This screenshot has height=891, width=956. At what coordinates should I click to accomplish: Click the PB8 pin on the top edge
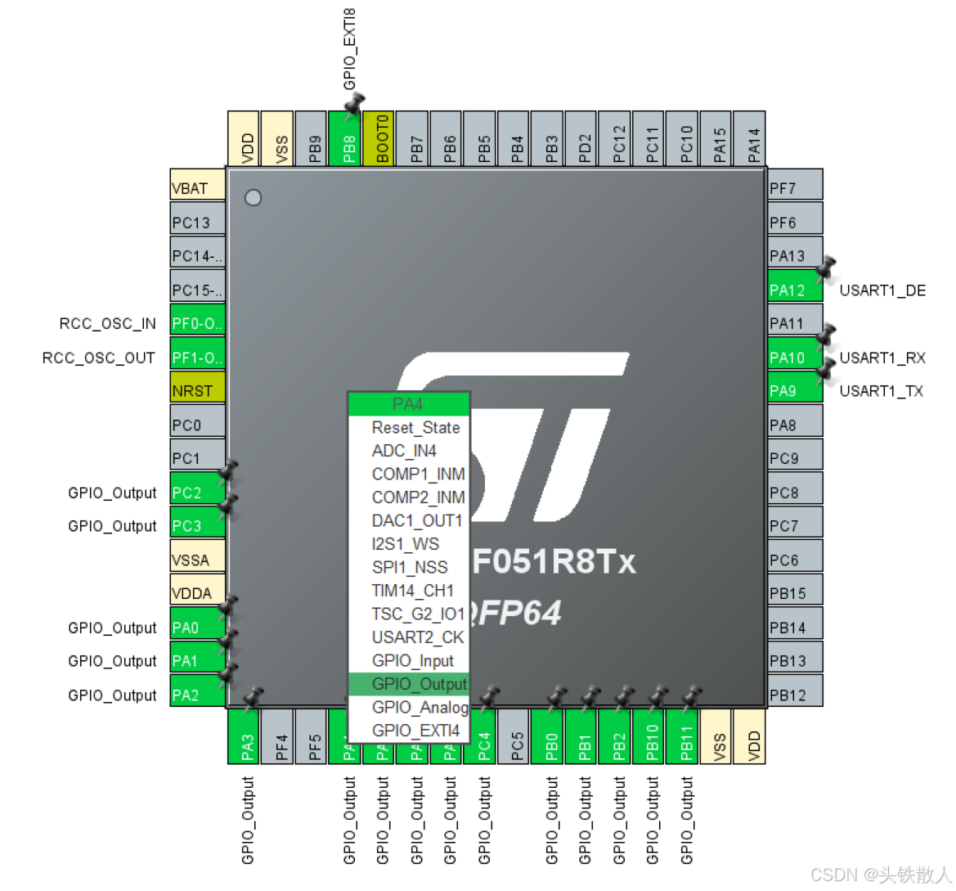(x=344, y=139)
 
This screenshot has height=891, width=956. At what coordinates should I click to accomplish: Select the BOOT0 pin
(x=378, y=139)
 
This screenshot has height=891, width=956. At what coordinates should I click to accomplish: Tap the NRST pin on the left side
(x=197, y=391)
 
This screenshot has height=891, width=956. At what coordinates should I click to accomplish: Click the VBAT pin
(x=197, y=188)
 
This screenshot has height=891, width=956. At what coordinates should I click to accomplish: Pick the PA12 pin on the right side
(x=794, y=290)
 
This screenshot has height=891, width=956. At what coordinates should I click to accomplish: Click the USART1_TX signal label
(x=881, y=391)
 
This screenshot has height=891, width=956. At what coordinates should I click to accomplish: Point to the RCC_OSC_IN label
(x=107, y=324)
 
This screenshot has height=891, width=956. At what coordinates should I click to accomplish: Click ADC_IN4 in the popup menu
(x=404, y=451)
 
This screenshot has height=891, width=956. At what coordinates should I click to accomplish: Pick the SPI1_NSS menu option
(x=409, y=568)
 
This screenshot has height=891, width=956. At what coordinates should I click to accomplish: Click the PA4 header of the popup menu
(x=408, y=404)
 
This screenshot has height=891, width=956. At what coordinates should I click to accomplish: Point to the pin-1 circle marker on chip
(x=254, y=198)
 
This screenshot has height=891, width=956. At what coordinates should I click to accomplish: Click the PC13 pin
(x=197, y=223)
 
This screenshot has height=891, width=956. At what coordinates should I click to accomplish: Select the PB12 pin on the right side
(x=794, y=695)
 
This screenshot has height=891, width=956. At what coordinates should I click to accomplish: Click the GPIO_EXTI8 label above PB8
(x=350, y=49)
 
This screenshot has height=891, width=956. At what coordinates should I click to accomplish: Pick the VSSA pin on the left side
(x=197, y=560)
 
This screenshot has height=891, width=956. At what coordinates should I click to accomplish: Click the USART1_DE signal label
(x=882, y=290)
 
